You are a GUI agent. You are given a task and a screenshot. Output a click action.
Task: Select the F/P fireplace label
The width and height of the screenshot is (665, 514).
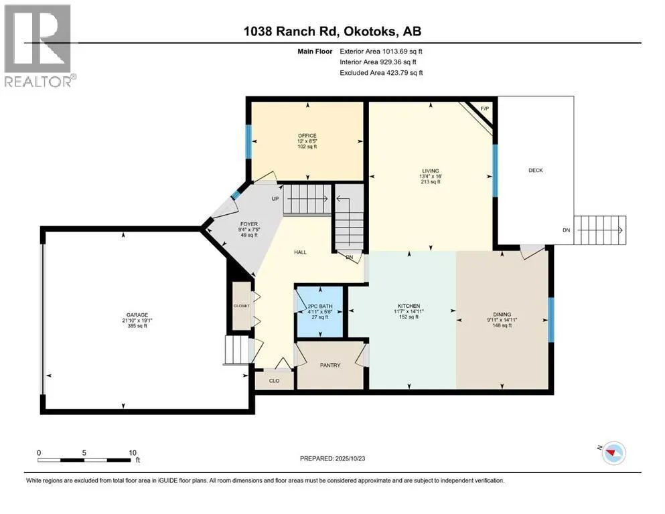pyautogui.click(x=485, y=109)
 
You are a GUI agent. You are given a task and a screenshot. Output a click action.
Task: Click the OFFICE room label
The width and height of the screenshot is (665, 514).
pyautogui.click(x=307, y=136)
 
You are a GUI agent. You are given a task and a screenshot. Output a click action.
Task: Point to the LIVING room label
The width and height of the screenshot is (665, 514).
pyautogui.click(x=431, y=171)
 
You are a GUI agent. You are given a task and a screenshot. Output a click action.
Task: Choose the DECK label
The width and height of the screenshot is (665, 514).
pyautogui.click(x=536, y=171)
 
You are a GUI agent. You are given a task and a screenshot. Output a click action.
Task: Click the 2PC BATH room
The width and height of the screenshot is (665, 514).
pyautogui.click(x=320, y=311)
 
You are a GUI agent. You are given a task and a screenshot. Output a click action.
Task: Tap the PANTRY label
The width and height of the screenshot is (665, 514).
pyautogui.click(x=330, y=365)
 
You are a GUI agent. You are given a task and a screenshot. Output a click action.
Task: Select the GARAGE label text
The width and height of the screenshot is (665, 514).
pyautogui.click(x=137, y=315)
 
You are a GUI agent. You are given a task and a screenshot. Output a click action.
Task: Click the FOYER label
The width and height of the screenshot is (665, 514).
pyautogui.click(x=249, y=224)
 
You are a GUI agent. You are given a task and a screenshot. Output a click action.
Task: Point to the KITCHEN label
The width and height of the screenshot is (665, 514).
pyautogui.click(x=409, y=306)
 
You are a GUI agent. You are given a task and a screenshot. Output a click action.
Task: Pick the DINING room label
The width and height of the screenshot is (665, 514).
pyautogui.click(x=502, y=315)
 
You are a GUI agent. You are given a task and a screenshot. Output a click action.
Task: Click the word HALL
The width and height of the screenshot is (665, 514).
pyautogui.click(x=300, y=252)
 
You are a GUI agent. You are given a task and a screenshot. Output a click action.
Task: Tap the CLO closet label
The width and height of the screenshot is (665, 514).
pyautogui.click(x=275, y=381)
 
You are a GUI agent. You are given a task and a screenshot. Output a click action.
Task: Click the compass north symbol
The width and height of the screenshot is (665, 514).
pyautogui.click(x=613, y=453)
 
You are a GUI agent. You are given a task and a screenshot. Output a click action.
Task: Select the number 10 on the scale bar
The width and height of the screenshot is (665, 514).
pyautogui.click(x=133, y=452)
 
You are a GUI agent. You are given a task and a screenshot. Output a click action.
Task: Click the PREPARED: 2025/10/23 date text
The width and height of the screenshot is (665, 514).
pyautogui.click(x=332, y=458)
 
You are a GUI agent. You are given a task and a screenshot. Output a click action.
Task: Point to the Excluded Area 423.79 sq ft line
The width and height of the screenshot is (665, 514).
pyautogui.click(x=381, y=72)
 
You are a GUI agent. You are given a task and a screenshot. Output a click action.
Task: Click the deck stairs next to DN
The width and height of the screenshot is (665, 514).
pyautogui.click(x=599, y=230)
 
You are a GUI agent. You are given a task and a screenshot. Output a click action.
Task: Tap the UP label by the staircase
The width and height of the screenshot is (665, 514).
pyautogui.click(x=275, y=199)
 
